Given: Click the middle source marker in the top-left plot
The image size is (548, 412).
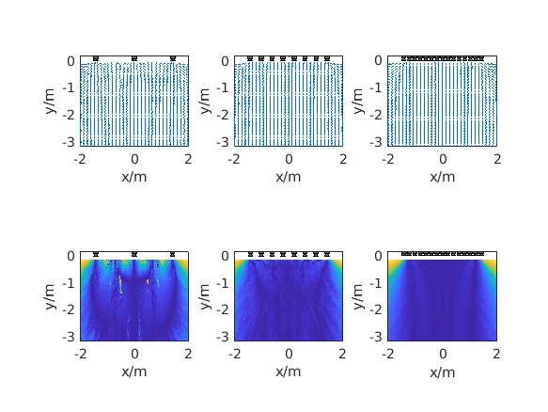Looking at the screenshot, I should click(134, 58).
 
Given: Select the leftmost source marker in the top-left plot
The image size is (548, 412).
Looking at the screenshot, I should click(96, 58).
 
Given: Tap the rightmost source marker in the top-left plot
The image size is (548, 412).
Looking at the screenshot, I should click(173, 58).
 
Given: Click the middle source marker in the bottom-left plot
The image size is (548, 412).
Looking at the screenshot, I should click(134, 254).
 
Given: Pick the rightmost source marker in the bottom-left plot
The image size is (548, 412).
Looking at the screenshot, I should click(173, 254).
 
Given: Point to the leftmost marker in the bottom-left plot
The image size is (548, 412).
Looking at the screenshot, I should click(96, 254).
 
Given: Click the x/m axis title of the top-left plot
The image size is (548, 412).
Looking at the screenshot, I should click(134, 176).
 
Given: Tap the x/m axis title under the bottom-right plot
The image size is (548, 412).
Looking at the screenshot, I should click(443, 372).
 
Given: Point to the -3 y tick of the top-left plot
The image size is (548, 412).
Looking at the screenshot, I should click(70, 142).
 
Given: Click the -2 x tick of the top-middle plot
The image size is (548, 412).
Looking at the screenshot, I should click(234, 160).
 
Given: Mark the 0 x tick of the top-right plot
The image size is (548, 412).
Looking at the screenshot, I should click(443, 160).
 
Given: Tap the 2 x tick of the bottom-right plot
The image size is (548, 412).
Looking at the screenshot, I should click(497, 355).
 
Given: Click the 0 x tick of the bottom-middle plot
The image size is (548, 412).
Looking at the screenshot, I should click(289, 355).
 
